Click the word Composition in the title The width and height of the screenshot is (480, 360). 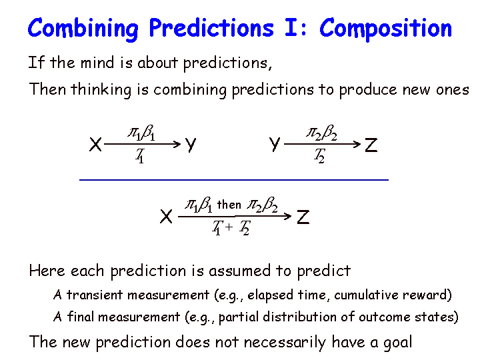[x=385, y=29]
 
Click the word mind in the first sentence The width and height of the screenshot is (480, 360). [x=97, y=63]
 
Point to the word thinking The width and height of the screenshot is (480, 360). [x=101, y=90]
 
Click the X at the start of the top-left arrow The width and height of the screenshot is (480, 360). [x=95, y=144]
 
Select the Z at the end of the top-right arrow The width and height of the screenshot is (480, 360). [x=371, y=145]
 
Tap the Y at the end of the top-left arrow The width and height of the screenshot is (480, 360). [x=191, y=145]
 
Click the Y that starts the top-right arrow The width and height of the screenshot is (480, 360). [x=275, y=144]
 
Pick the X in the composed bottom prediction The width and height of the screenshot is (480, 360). [x=166, y=217]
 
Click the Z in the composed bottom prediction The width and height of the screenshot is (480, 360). [x=303, y=217]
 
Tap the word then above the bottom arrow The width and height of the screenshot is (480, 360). [x=229, y=205]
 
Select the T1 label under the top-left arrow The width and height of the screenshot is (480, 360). [x=140, y=156]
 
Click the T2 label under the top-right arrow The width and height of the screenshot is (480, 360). [x=319, y=156]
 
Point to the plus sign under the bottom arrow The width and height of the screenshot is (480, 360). [x=229, y=227]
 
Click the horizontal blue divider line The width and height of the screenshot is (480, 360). [x=234, y=180]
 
